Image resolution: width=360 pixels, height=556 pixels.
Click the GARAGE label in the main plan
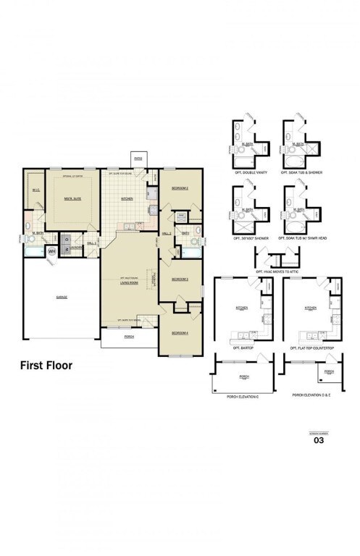62,297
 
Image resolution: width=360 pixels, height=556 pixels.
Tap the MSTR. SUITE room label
72,199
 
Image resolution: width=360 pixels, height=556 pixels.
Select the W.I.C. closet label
34,190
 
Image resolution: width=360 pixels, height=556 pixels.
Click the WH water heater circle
51,251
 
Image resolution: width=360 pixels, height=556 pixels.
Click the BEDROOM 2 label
180,188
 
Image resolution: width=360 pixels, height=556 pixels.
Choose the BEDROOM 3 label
180,279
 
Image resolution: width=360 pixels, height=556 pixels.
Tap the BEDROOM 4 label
180,332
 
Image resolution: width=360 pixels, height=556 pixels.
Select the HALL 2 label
166,234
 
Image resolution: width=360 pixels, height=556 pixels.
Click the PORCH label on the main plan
129,337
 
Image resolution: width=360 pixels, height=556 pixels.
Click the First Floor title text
46,366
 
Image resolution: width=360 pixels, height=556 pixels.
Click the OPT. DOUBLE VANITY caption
248,171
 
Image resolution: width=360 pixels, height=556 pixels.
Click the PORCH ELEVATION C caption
243,396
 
